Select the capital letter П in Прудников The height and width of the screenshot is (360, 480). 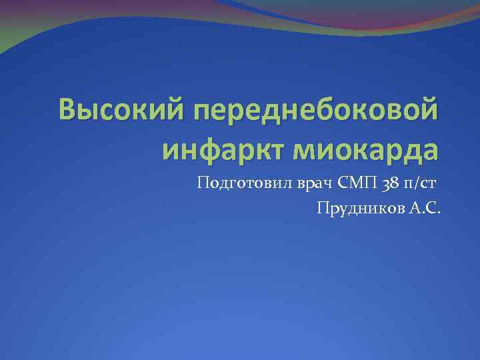pyautogui.click(x=323, y=209)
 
